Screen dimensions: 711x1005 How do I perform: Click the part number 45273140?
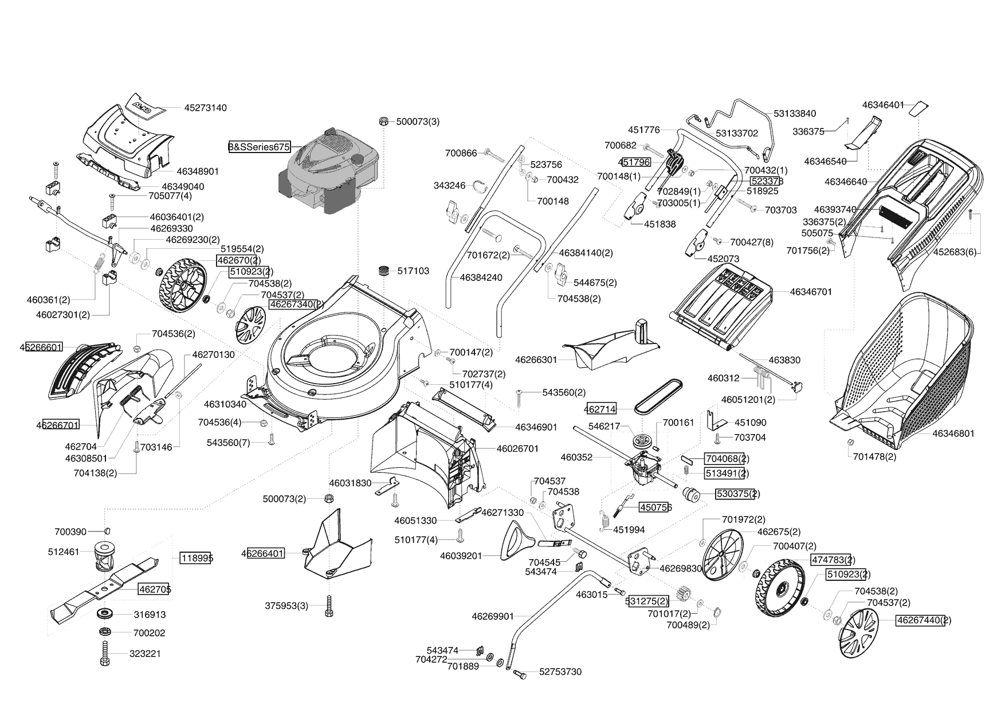tap(205, 108)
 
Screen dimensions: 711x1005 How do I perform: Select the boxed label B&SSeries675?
tap(259, 147)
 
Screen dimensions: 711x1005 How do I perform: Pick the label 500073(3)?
tap(418, 122)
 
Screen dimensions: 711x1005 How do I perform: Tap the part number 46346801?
tap(953, 433)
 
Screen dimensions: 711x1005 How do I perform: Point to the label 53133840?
tap(795, 114)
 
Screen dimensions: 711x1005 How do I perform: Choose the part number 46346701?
tap(811, 292)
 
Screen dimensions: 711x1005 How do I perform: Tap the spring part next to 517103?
tap(383, 270)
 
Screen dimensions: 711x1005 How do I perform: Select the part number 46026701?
tap(517, 448)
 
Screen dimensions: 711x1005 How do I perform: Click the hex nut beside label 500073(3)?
tap(384, 122)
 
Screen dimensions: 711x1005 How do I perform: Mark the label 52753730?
tap(560, 672)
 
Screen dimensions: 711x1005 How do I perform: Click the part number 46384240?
tap(481, 278)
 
